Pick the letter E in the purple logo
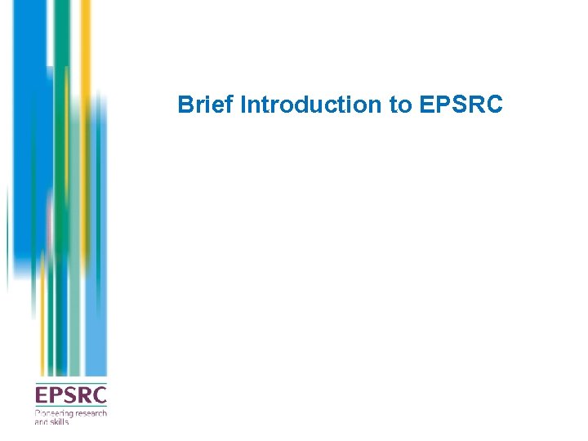[x=41, y=396]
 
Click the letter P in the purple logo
[x=55, y=396]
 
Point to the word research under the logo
[x=91, y=414]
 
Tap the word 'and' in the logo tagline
[x=41, y=421]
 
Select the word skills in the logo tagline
[x=60, y=421]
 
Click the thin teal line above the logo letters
[x=70, y=383]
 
